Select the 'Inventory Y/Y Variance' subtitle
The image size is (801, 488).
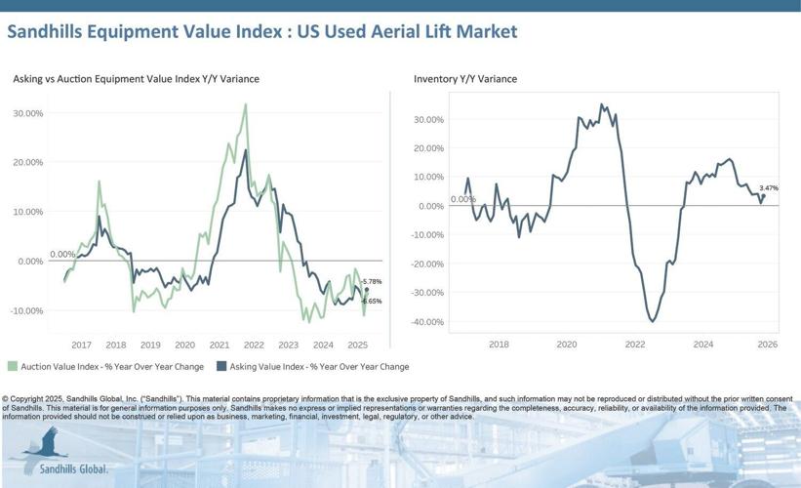tap(465, 78)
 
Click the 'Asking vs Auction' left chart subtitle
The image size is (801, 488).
tap(136, 78)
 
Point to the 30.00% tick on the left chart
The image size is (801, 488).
tap(27, 113)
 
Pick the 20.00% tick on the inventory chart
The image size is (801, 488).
tap(428, 148)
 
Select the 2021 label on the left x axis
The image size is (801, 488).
tap(220, 345)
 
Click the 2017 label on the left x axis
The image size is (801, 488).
tap(81, 345)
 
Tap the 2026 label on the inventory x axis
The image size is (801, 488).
tap(767, 344)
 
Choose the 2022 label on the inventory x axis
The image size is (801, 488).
tap(635, 344)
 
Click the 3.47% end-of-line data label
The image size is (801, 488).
tap(769, 187)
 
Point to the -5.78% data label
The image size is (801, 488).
tap(371, 281)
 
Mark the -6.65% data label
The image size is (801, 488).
tap(371, 301)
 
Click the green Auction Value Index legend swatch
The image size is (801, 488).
tap(13, 367)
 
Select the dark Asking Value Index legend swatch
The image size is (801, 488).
tap(221, 367)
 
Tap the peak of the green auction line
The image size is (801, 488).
tap(245, 104)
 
